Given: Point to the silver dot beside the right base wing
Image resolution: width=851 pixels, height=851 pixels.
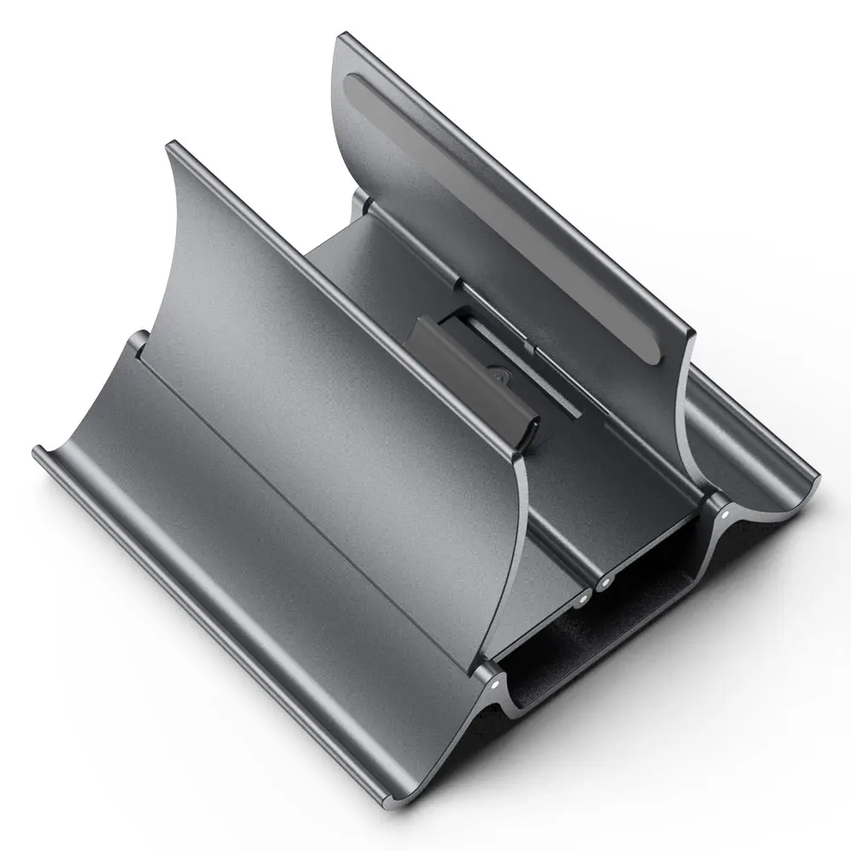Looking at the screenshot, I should point(724,514).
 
